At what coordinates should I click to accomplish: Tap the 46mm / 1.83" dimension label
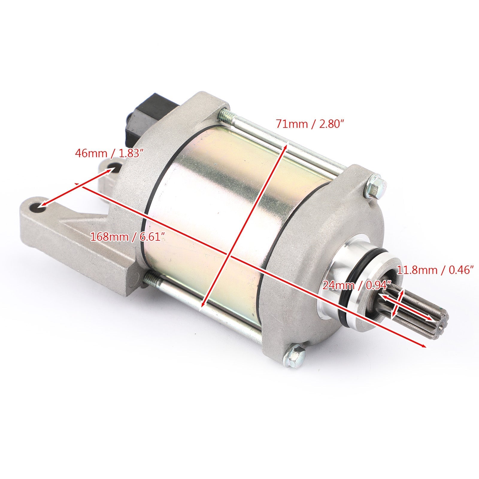[107, 154]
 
